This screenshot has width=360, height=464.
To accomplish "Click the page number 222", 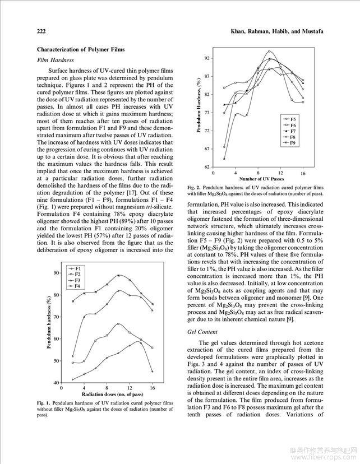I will pyautogui.click(x=41, y=30).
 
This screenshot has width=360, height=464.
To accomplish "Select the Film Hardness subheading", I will pyautogui.click(x=56, y=60).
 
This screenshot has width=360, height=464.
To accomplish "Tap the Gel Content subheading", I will pyautogui.click(x=202, y=332).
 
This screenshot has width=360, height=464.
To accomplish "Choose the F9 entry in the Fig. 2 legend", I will pyautogui.click(x=292, y=144).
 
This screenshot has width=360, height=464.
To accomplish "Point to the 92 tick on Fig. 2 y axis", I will pyautogui.click(x=206, y=58).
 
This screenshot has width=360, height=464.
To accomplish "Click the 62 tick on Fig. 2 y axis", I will pyautogui.click(x=206, y=167).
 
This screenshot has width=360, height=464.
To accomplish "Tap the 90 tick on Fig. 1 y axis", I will pyautogui.click(x=56, y=273).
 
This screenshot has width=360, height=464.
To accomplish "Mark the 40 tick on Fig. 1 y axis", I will pyautogui.click(x=56, y=383).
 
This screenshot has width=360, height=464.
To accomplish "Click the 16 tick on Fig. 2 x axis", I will pyautogui.click(x=303, y=173).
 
